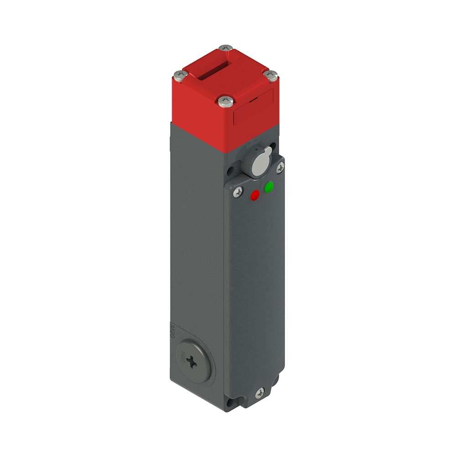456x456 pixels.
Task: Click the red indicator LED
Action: point(255,195)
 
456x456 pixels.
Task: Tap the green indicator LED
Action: point(269,187)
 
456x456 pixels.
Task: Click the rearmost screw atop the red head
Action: point(226,48)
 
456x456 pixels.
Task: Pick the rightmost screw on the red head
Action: point(271,75)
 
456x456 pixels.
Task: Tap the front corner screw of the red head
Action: point(225,101)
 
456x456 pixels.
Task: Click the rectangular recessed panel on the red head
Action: point(253,108)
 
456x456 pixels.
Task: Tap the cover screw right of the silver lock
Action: point(280,168)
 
